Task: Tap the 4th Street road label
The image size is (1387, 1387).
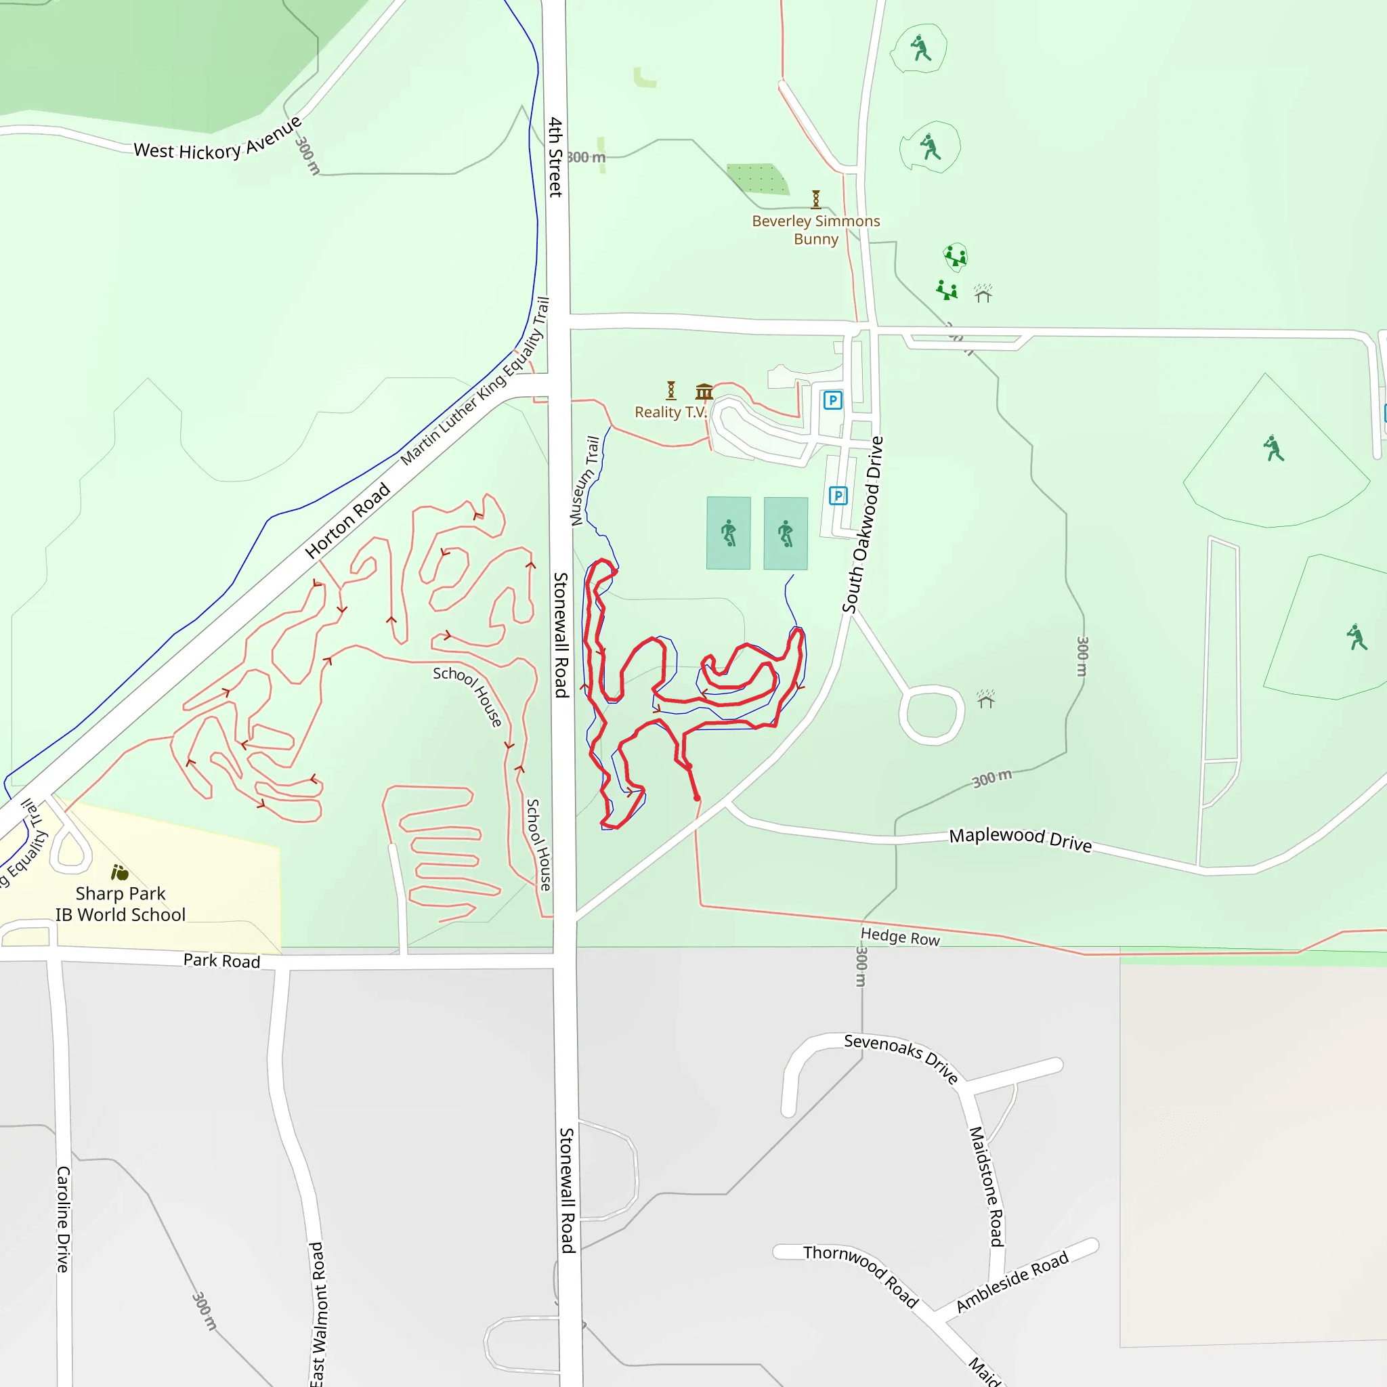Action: point(555,156)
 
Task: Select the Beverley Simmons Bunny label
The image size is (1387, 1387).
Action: point(815,230)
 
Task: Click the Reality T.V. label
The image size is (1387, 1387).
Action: point(670,412)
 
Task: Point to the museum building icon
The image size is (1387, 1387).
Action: point(704,391)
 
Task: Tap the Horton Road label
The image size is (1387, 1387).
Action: point(347,521)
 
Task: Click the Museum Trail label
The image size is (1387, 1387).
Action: point(584,480)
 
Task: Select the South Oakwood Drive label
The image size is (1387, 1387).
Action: point(863,524)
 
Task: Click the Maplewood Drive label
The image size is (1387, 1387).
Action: point(1020,838)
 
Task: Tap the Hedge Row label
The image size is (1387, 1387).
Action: point(900,936)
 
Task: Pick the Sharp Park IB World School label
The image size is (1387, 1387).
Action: point(121,904)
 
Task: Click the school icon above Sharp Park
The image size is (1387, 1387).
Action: point(120,873)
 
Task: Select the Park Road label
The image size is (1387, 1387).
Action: point(222,960)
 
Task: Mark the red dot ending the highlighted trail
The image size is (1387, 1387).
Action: point(697,798)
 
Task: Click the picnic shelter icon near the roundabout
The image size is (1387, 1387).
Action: point(985,698)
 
